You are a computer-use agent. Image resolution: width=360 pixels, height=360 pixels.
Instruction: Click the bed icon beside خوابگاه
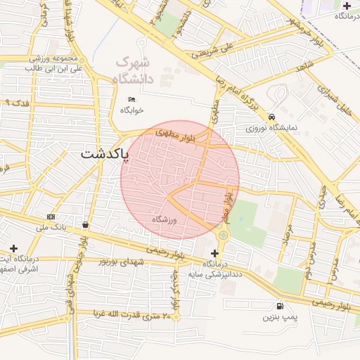(131, 99)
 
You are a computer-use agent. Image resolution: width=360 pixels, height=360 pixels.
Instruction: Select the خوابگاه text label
(131, 110)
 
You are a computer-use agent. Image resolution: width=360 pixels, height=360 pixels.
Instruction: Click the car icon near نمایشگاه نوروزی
(271, 117)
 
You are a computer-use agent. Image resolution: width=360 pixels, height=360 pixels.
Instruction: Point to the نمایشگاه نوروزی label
(271, 129)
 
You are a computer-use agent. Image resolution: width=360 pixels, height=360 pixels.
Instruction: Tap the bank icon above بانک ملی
(51, 217)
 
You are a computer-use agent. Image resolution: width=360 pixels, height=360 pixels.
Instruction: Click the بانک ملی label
(51, 228)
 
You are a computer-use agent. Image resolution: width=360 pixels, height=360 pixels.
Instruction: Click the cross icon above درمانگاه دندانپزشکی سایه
(214, 253)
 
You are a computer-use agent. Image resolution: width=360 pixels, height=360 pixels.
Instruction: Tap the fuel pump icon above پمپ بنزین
(281, 306)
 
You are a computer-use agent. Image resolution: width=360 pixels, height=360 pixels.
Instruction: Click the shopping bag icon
(85, 225)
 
